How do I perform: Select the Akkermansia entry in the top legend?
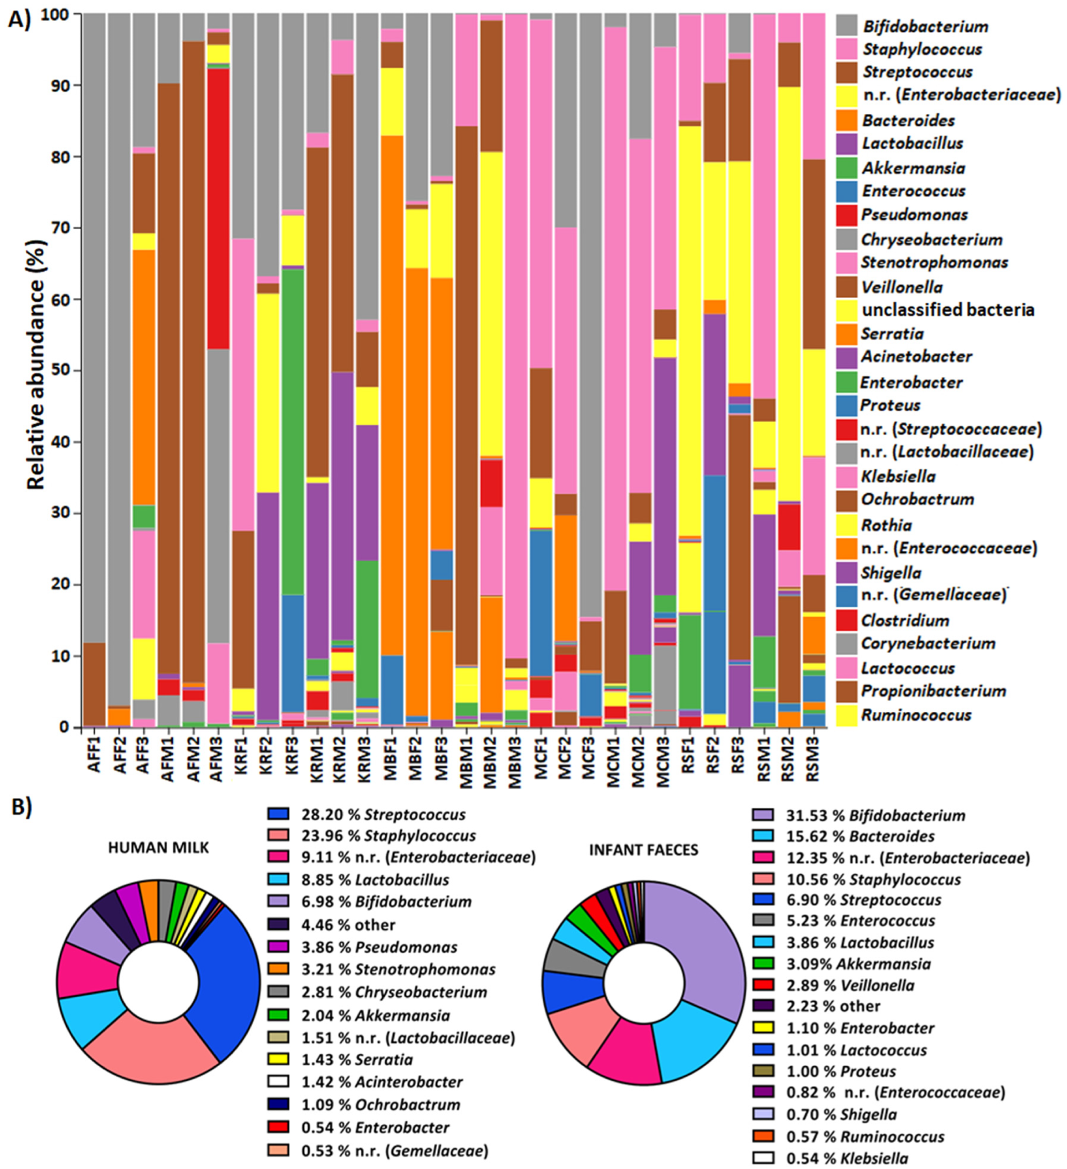pos(912,168)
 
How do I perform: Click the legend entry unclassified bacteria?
pos(947,310)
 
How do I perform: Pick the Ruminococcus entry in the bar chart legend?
pos(916,715)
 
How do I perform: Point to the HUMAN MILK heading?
pos(158,848)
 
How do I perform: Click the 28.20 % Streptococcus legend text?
pos(383,815)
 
